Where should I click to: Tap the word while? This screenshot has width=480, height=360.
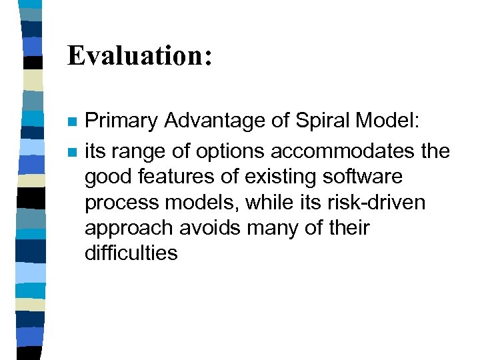point(259,203)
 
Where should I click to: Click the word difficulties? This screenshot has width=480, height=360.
point(131,253)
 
